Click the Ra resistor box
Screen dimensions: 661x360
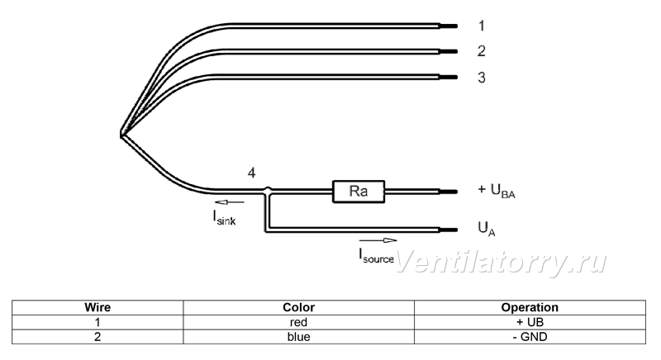[359, 192]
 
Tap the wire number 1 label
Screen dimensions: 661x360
[482, 26]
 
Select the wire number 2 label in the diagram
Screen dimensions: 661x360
[482, 51]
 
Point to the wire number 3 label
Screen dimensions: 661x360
[482, 78]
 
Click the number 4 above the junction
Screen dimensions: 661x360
[252, 173]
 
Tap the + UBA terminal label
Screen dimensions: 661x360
[497, 191]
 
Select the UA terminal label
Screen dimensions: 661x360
[487, 229]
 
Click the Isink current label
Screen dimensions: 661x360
[224, 218]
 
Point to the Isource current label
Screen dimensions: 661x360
[377, 256]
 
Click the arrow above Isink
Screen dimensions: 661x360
[230, 202]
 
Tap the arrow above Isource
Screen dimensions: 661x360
[378, 240]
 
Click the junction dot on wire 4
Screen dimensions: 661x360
[267, 191]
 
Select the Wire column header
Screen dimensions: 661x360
[97, 307]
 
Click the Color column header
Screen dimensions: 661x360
[298, 307]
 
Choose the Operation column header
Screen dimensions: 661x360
[530, 307]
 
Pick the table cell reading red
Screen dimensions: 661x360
[298, 322]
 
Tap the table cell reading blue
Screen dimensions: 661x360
[298, 337]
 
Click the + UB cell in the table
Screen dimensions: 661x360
[530, 322]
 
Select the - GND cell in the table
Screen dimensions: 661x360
[530, 337]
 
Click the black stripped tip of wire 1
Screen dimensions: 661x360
[448, 26]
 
